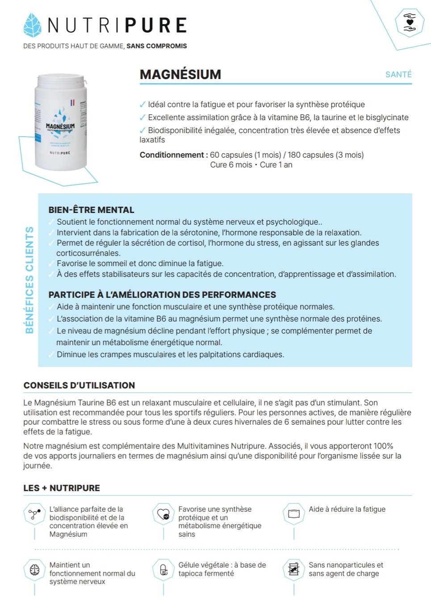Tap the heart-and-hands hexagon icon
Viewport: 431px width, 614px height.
coord(409,22)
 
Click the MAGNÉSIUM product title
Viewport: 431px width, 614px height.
coord(180,75)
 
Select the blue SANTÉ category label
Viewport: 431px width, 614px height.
coord(398,75)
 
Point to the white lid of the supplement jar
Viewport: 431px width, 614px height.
coord(61,81)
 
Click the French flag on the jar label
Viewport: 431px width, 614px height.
coord(72,103)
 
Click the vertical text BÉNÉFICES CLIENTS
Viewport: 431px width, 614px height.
coord(29,280)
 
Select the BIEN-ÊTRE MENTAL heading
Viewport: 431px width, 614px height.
coord(91,210)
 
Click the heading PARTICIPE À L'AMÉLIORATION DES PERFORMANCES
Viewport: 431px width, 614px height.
coord(162,295)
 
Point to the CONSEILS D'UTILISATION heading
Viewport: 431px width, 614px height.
coord(79,385)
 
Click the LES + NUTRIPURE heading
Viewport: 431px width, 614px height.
coord(62,488)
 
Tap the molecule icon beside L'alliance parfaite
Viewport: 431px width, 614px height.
coord(34,514)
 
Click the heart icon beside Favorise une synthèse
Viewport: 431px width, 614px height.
coord(163,514)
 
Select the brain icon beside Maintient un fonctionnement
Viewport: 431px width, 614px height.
coord(34,570)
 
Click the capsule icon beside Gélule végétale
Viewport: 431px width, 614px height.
coord(163,570)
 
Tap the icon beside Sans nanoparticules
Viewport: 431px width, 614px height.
coord(294,569)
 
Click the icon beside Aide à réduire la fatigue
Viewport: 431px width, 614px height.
coord(294,514)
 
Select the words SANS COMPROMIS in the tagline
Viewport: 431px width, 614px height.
coord(157,46)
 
